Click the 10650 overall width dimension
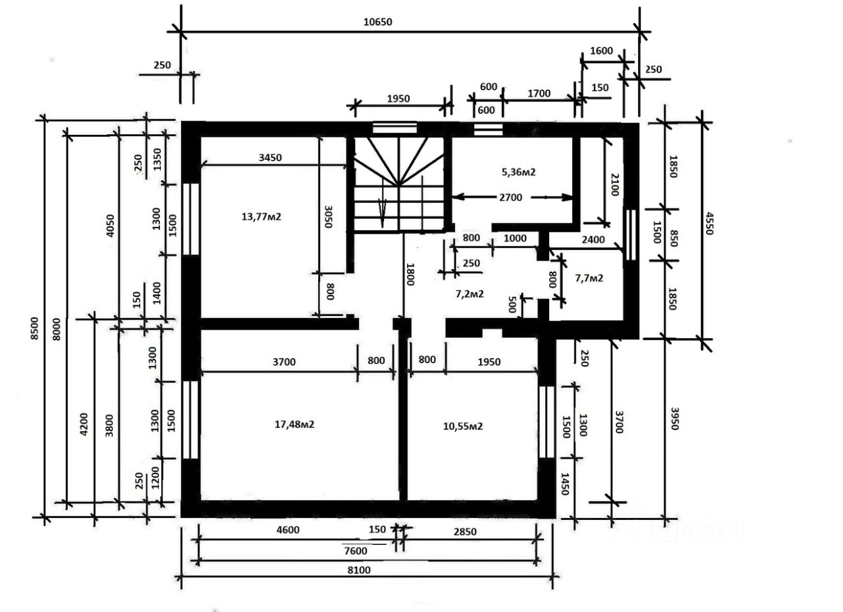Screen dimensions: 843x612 click(377, 22)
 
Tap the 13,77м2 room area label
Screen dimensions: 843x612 click(261, 217)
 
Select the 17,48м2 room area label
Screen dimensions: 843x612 click(294, 424)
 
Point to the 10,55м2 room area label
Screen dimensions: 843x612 click(463, 426)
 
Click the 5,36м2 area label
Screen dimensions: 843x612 click(518, 172)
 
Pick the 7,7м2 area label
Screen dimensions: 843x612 click(589, 278)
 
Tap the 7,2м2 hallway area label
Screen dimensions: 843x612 click(470, 293)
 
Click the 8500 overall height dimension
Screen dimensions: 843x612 click(34, 328)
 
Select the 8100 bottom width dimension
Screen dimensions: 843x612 click(359, 570)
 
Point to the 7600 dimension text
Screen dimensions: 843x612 click(356, 551)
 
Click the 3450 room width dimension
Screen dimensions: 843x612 click(270, 157)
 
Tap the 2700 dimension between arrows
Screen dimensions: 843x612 click(510, 197)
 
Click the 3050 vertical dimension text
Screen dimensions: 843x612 click(328, 217)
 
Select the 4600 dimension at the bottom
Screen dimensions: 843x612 click(288, 530)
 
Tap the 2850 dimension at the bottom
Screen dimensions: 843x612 click(465, 532)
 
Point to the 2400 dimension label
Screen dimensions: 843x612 click(593, 240)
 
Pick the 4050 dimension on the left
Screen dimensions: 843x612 click(110, 226)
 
